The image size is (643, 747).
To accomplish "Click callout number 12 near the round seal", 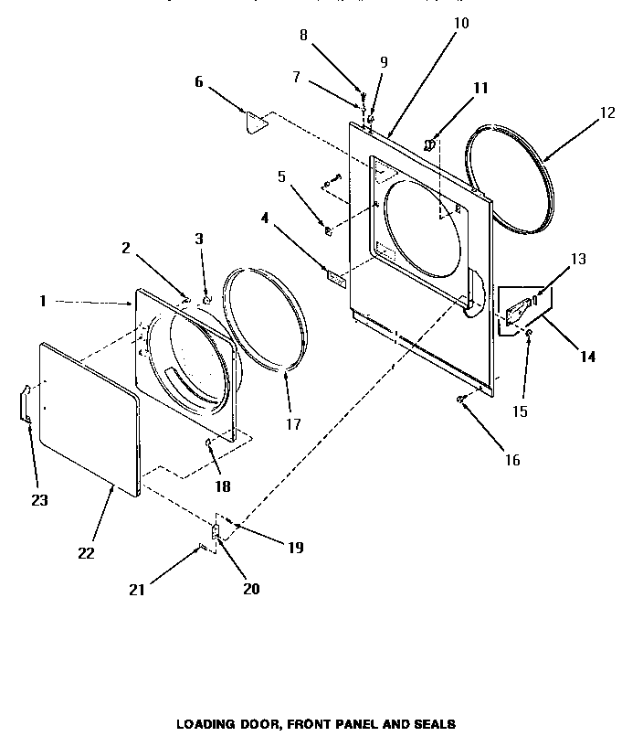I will tap(606, 113).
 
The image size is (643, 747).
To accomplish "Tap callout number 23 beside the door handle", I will tap(38, 500).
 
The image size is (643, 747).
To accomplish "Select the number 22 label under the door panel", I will tap(86, 553).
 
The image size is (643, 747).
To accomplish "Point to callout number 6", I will tap(198, 81).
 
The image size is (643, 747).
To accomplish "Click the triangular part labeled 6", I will tap(255, 121).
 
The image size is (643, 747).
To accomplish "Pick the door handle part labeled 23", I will tap(26, 403).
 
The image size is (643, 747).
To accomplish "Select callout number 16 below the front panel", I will tap(512, 460).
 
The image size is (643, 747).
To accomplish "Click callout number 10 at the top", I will tap(461, 22).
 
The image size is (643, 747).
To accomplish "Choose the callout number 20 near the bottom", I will tap(250, 589).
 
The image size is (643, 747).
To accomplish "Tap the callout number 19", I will tap(294, 548).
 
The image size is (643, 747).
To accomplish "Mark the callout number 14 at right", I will tap(586, 357).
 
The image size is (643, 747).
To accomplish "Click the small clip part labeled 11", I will tap(428, 143).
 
